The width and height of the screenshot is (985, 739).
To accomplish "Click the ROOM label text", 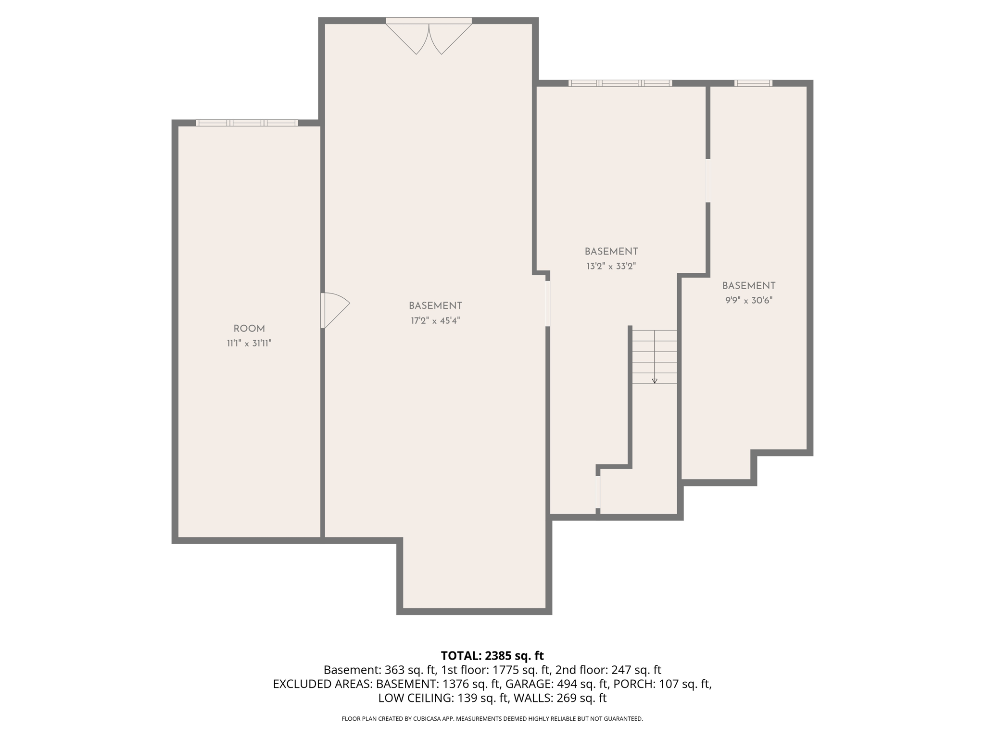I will pyautogui.click(x=249, y=329).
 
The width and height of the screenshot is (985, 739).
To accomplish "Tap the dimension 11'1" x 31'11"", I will pyautogui.click(x=249, y=344).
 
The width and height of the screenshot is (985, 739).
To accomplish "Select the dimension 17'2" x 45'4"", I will pyautogui.click(x=435, y=321).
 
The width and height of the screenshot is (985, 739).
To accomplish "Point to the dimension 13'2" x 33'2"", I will pyautogui.click(x=611, y=267).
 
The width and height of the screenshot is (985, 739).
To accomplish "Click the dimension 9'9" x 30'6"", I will pyautogui.click(x=748, y=301).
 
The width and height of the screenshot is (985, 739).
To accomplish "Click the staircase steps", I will pyautogui.click(x=654, y=357).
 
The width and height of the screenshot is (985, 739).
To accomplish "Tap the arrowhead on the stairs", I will pyautogui.click(x=654, y=381).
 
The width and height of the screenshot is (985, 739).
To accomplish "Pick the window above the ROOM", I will pyautogui.click(x=247, y=123).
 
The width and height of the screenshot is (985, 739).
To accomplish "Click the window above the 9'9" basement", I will pyautogui.click(x=753, y=83).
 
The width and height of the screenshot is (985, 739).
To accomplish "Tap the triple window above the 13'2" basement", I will pyautogui.click(x=620, y=83).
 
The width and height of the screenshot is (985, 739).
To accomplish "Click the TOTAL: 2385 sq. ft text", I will pyautogui.click(x=492, y=656).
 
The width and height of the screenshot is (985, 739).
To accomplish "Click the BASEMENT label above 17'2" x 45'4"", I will pyautogui.click(x=435, y=306).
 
